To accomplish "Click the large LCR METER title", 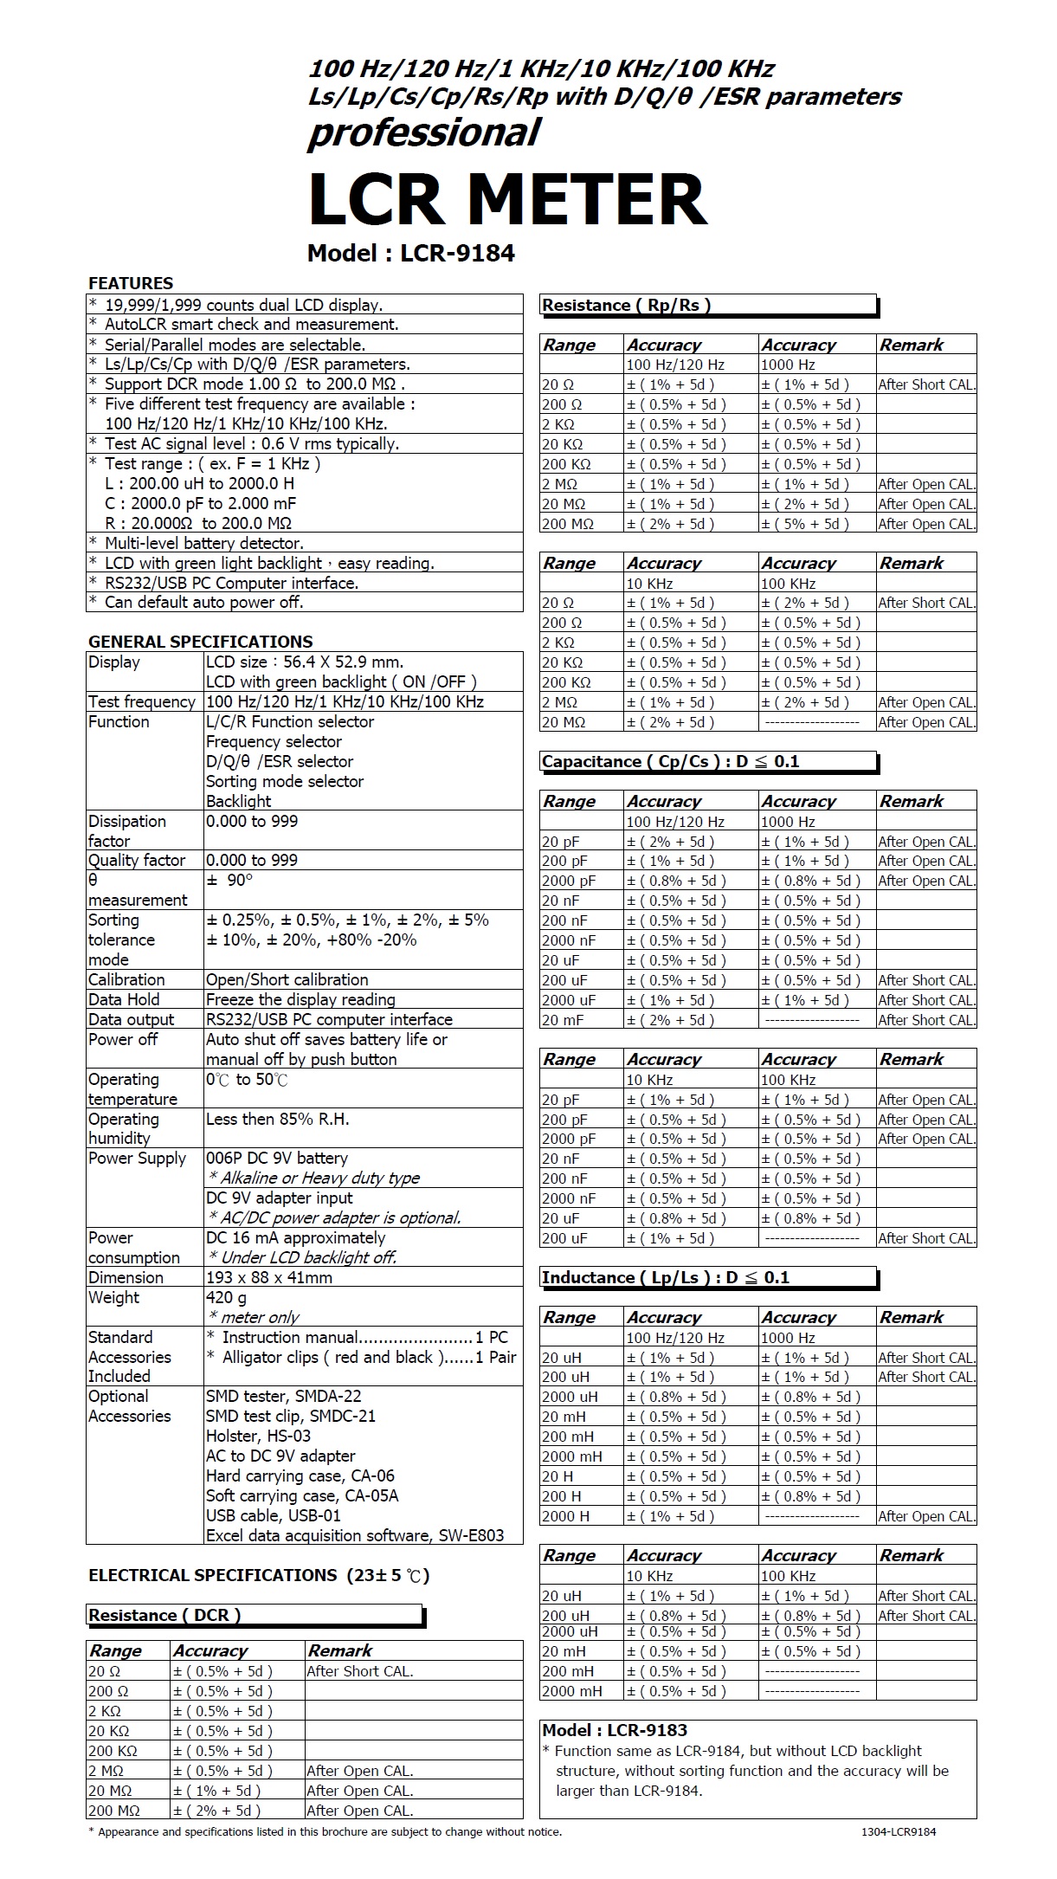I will [507, 200].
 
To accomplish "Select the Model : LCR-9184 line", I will [411, 254].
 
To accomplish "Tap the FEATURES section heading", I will [131, 283].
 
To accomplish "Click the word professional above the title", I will [424, 132].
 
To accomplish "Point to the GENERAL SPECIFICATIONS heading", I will [200, 642].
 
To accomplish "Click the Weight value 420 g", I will [226, 1297].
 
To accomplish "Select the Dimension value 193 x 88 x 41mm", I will [269, 1277].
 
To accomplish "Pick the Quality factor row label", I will [137, 860].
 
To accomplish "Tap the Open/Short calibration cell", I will [287, 979].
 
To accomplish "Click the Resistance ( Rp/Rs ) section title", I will [626, 305].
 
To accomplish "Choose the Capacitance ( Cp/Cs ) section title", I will [670, 761].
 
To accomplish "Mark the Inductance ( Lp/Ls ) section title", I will [666, 1277].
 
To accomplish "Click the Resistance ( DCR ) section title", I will [164, 1615].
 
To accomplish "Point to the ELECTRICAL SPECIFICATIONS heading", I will [259, 1575].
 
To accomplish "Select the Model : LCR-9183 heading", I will [615, 1730].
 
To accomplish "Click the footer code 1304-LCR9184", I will [899, 1831].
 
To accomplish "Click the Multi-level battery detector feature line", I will [203, 543].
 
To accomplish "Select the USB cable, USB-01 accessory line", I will [274, 1515].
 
